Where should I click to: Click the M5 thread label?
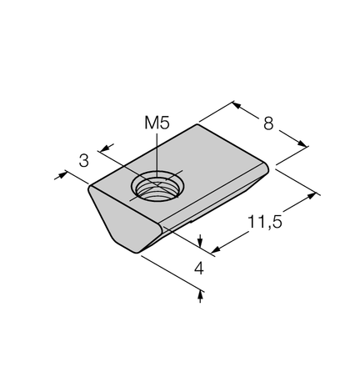(x=157, y=123)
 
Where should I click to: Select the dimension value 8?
(x=268, y=123)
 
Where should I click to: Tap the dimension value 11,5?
(x=265, y=222)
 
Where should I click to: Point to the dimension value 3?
(x=83, y=161)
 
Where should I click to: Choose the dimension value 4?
(x=199, y=269)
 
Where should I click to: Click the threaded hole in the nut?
(x=157, y=187)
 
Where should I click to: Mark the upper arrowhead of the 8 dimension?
(x=236, y=105)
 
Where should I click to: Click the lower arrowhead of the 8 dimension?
(x=302, y=143)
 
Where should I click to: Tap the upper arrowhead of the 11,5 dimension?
(x=312, y=195)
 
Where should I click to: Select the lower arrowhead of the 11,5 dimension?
(x=216, y=249)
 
